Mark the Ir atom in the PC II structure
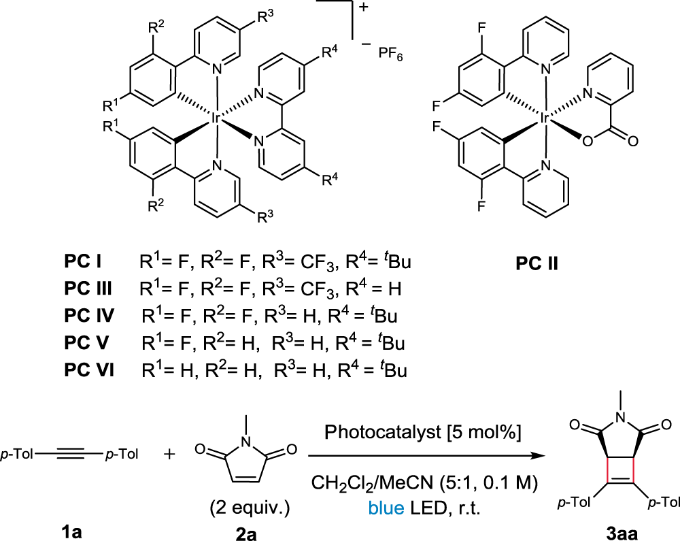tap(545, 118)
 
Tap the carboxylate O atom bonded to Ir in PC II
tap(589, 142)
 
